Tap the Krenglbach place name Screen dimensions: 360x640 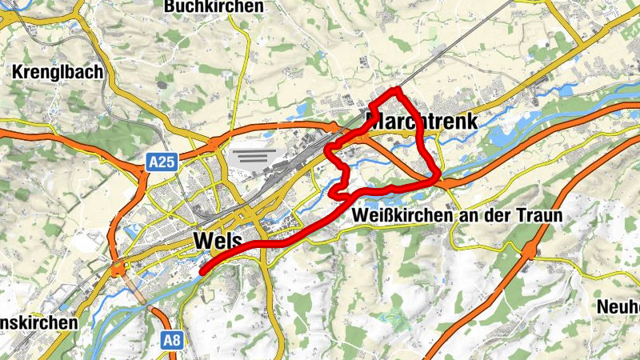tap(58, 72)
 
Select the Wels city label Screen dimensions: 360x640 tap(218, 240)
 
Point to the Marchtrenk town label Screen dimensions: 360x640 tap(421, 122)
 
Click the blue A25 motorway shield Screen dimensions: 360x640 tap(162, 163)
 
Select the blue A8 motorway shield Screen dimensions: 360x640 tap(172, 339)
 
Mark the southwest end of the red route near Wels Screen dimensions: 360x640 tap(202, 272)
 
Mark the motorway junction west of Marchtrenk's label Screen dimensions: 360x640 tap(334, 126)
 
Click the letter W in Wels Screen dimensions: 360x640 tap(202, 240)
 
